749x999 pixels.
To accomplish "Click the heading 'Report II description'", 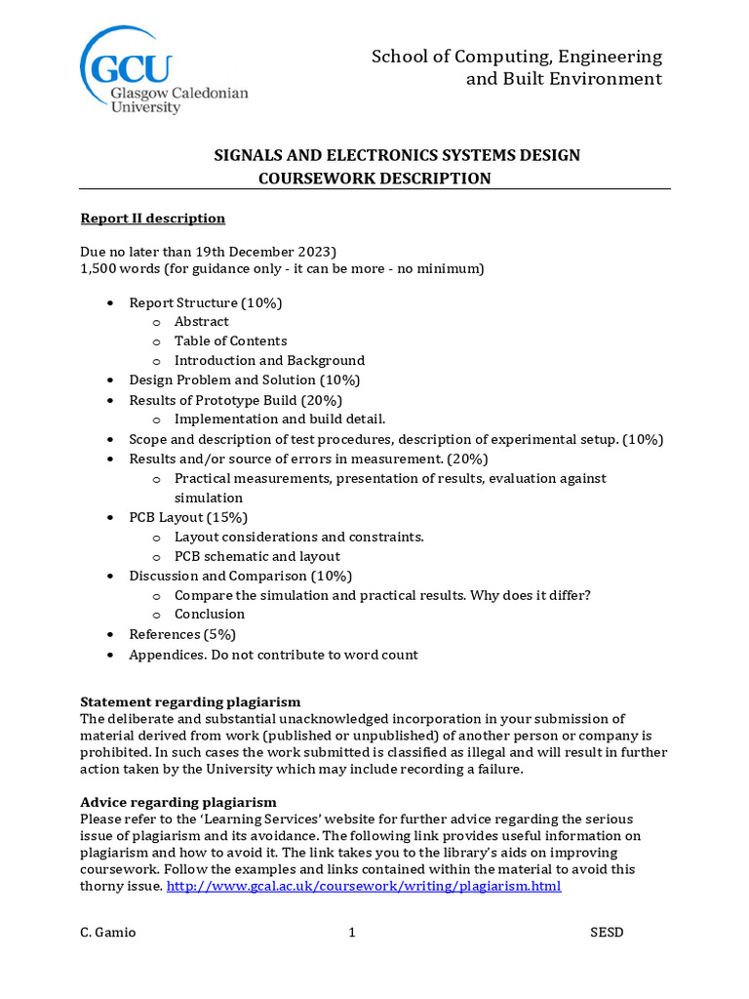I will tap(152, 218).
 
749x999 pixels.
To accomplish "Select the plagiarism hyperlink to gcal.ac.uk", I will tap(364, 887).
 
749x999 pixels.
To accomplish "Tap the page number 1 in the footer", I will tap(352, 933).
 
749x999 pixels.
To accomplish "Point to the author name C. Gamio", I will tap(108, 933).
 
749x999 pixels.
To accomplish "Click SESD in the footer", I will tap(607, 933).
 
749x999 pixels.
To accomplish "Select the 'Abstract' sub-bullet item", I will tap(202, 322).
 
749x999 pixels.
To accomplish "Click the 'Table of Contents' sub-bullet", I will tap(230, 341).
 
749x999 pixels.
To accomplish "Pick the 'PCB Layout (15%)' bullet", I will tap(188, 517).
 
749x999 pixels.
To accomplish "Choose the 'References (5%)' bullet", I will tap(182, 634).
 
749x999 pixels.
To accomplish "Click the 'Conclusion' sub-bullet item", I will tap(210, 615).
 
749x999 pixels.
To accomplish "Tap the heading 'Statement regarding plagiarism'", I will tap(190, 701).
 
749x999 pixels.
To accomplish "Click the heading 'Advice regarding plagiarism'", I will tap(178, 802).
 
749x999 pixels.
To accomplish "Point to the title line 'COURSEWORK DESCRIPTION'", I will tap(374, 178).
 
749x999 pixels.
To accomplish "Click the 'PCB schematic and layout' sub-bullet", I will tap(257, 556).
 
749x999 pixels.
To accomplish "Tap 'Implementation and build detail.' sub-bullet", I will tap(280, 420).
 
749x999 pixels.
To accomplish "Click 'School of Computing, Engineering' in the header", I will tap(517, 57).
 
